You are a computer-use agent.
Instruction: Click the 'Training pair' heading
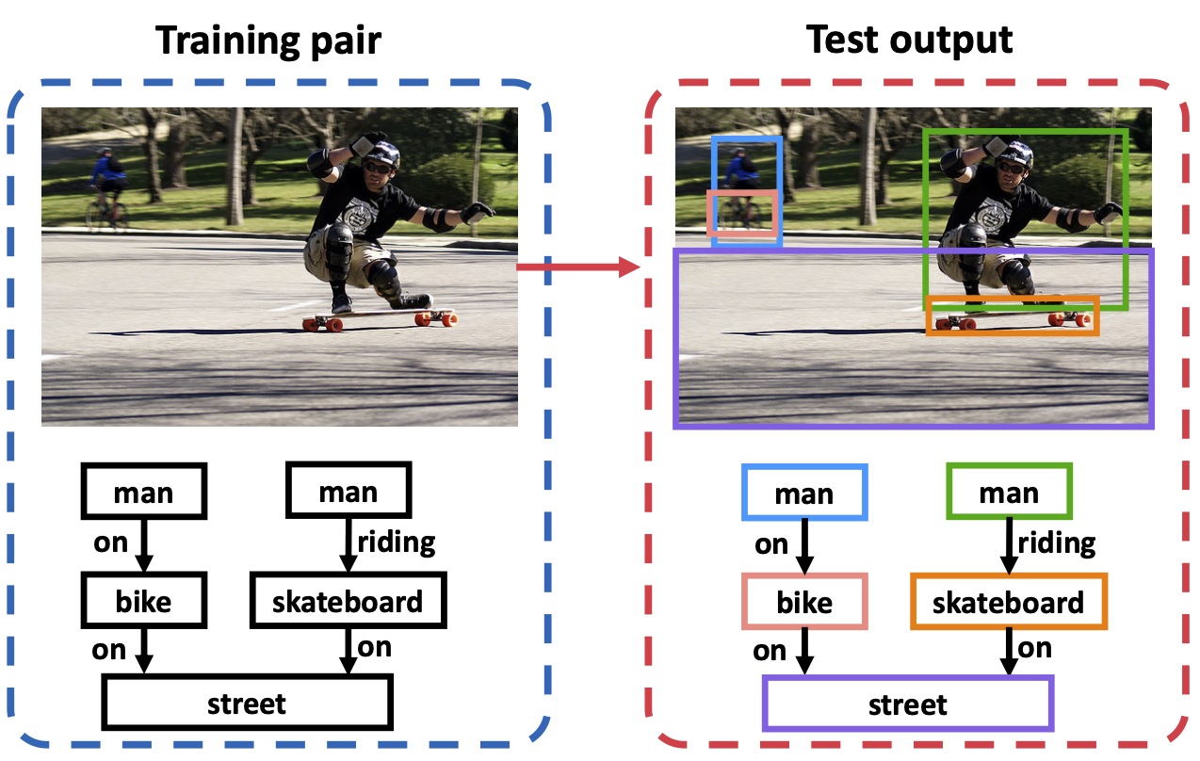268,41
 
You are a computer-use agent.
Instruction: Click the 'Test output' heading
909,40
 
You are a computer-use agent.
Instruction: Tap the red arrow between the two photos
578,267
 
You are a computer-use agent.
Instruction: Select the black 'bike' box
143,600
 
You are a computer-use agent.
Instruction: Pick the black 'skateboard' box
349,600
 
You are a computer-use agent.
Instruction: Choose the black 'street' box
247,703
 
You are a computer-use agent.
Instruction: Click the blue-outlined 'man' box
804,493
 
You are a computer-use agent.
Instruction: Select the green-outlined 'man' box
1010,491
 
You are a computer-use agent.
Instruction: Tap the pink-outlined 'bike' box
804,601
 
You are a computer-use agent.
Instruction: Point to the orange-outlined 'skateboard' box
1009,601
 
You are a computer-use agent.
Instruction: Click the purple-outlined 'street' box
908,704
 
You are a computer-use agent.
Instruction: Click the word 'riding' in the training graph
397,543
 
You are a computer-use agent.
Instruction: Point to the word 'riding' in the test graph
1057,544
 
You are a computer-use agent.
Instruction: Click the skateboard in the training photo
380,318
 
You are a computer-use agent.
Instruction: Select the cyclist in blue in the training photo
108,188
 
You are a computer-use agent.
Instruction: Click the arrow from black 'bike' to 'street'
143,650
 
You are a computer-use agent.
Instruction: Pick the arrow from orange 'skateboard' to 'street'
1009,652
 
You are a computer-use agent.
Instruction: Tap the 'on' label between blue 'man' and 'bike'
770,545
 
